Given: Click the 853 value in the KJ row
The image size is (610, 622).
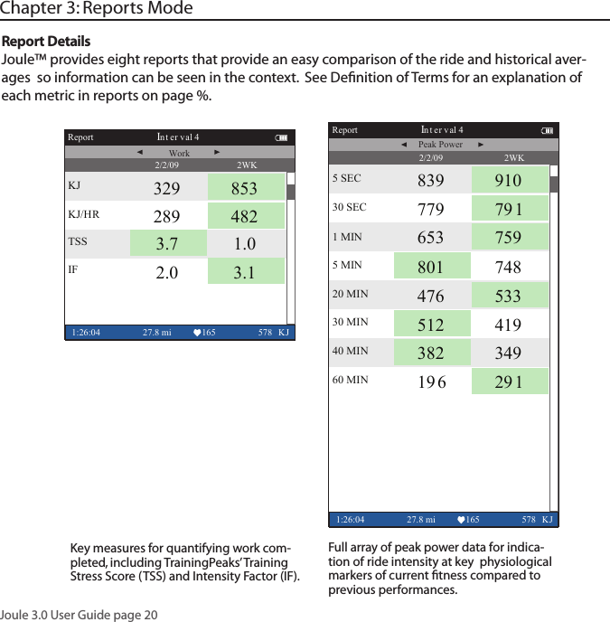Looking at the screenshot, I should pyautogui.click(x=244, y=189).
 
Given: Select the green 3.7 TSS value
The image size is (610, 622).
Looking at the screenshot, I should pyautogui.click(x=166, y=244).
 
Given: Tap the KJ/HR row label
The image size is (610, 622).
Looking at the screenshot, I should pyautogui.click(x=84, y=215).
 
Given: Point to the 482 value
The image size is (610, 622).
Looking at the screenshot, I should pyautogui.click(x=244, y=217).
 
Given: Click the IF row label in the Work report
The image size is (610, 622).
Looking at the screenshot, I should pyautogui.click(x=73, y=269).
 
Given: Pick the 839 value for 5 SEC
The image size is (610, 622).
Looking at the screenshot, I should pyautogui.click(x=431, y=180).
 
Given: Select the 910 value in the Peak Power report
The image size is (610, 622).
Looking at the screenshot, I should pyautogui.click(x=508, y=180).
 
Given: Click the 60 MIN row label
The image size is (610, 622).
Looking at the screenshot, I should pyautogui.click(x=351, y=380).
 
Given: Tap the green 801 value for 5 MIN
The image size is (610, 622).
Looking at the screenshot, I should pyautogui.click(x=431, y=267).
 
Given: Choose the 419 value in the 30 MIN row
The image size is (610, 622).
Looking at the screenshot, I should pyautogui.click(x=508, y=324).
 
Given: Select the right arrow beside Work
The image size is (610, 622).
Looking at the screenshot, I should pyautogui.click(x=218, y=152).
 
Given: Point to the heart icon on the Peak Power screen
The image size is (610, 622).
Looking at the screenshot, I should pyautogui.click(x=461, y=520).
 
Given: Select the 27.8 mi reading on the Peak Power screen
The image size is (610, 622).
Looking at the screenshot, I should pyautogui.click(x=421, y=520).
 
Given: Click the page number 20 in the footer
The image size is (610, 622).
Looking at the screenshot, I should pyautogui.click(x=150, y=615).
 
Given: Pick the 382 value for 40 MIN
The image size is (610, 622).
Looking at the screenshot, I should pyautogui.click(x=431, y=352).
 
